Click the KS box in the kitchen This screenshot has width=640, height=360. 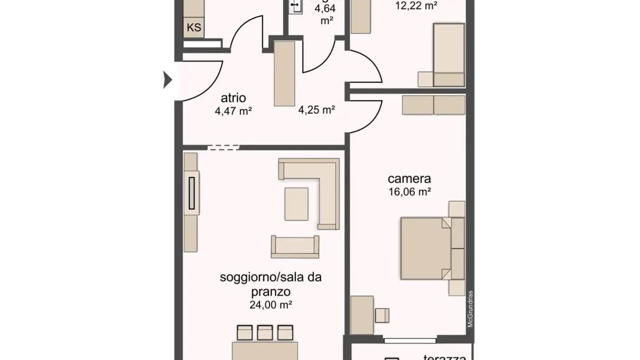(193, 28)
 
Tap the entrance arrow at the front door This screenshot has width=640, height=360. (167, 80)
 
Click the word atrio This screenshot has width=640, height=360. (233, 98)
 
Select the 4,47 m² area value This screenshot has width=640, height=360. (233, 111)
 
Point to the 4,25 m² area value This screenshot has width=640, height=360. (316, 110)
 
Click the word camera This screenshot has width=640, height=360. (409, 179)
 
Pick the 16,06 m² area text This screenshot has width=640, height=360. (409, 192)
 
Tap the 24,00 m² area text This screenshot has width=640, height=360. (271, 305)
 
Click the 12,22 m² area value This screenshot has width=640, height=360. (416, 6)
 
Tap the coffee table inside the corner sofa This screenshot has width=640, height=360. (296, 204)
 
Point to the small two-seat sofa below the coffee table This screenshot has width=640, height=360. (295, 247)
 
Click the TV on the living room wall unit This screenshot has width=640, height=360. (192, 193)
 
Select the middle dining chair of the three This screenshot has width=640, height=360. (265, 333)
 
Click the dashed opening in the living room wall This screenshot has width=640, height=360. (224, 147)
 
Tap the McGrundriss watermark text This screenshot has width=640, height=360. (470, 309)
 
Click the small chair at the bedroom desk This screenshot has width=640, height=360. (382, 315)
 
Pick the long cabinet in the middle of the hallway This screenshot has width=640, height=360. (284, 73)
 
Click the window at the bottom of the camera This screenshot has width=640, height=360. (410, 341)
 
